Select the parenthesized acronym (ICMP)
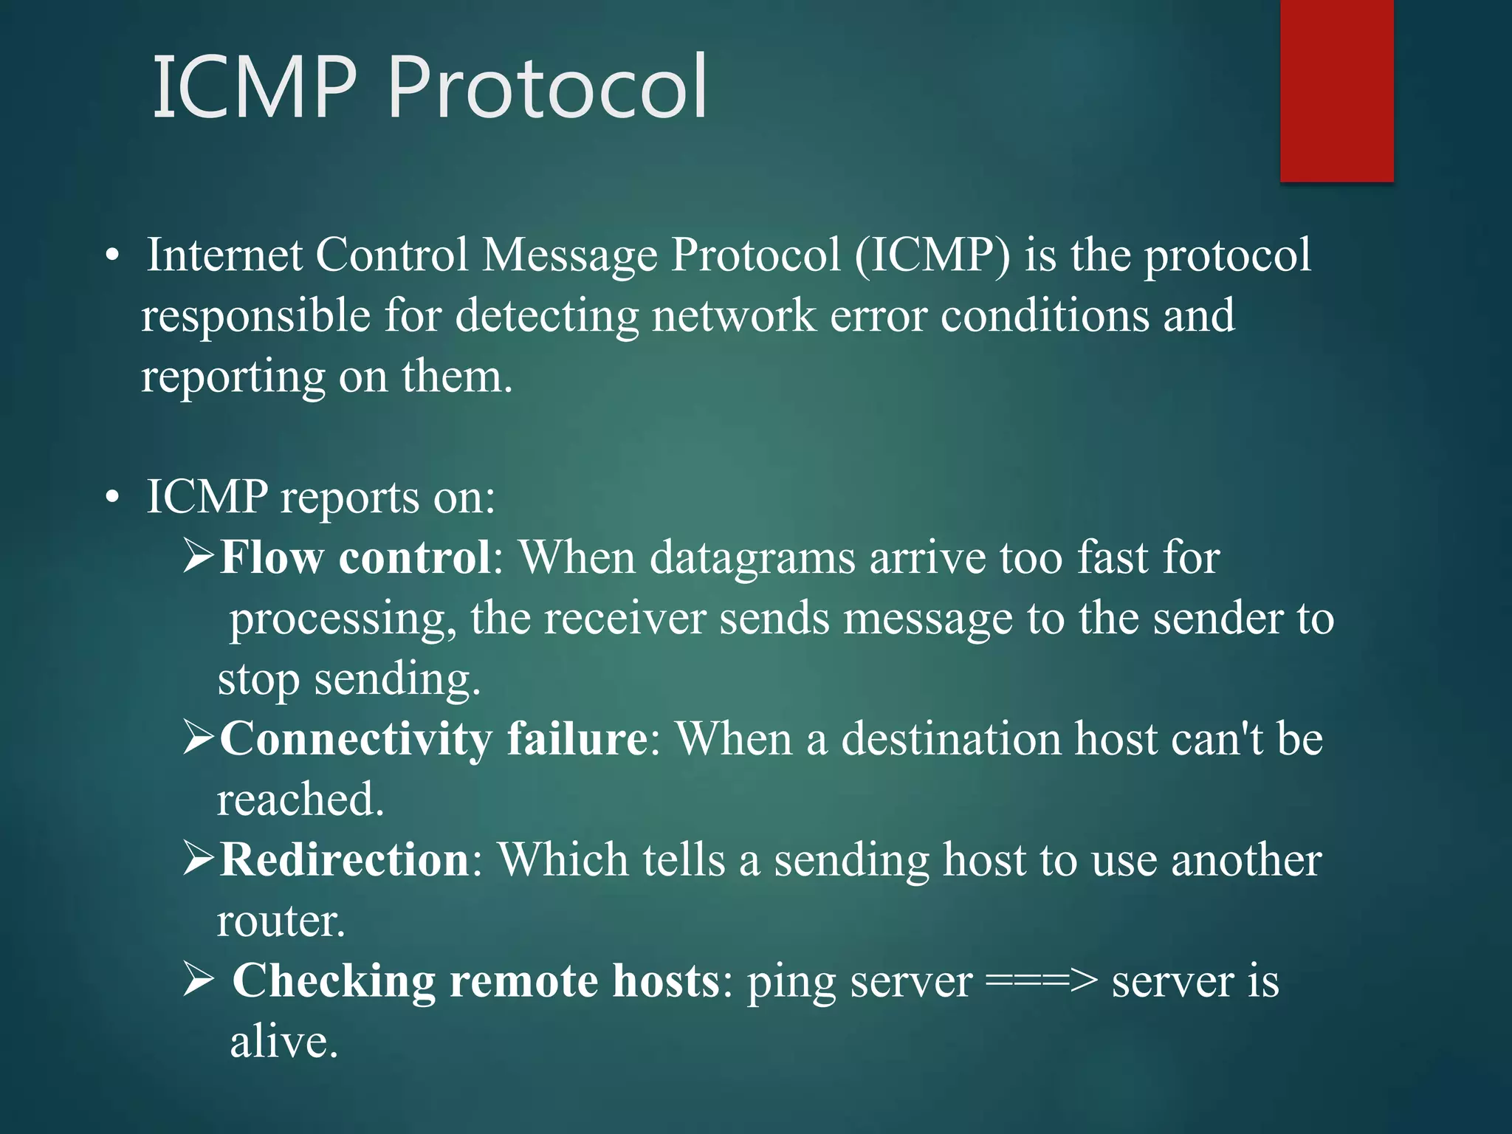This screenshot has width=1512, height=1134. click(x=932, y=255)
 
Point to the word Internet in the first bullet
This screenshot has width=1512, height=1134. click(x=224, y=255)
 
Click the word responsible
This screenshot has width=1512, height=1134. click(x=255, y=317)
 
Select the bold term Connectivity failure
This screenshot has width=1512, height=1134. click(x=434, y=738)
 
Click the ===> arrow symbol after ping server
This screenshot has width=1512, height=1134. click(x=1042, y=982)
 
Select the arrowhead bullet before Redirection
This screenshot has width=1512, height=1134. click(x=199, y=859)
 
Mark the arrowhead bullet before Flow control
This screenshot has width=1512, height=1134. click(x=199, y=557)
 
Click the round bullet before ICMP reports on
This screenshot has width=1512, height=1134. click(x=111, y=498)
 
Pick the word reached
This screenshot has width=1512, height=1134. click(x=300, y=800)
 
